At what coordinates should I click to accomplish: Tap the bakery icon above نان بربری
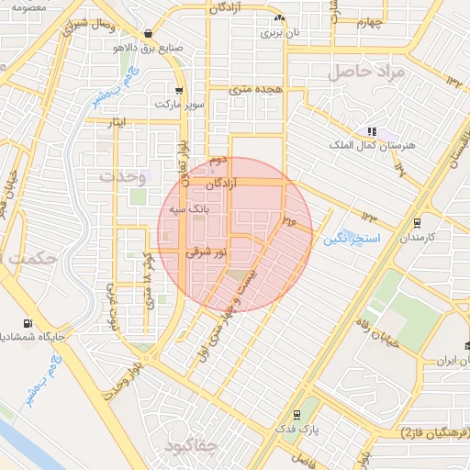point(280,17)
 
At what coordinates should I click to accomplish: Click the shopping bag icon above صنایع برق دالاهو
point(148,33)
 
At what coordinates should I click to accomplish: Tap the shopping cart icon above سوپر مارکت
point(178,91)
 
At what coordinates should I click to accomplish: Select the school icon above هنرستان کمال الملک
point(372,131)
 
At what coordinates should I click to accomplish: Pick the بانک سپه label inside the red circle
point(189,210)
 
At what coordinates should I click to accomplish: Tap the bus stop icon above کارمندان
point(418,222)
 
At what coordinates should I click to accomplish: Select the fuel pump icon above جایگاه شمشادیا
point(28,323)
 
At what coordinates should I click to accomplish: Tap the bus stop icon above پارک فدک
point(296,415)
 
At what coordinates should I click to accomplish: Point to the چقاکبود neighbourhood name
point(187,446)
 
